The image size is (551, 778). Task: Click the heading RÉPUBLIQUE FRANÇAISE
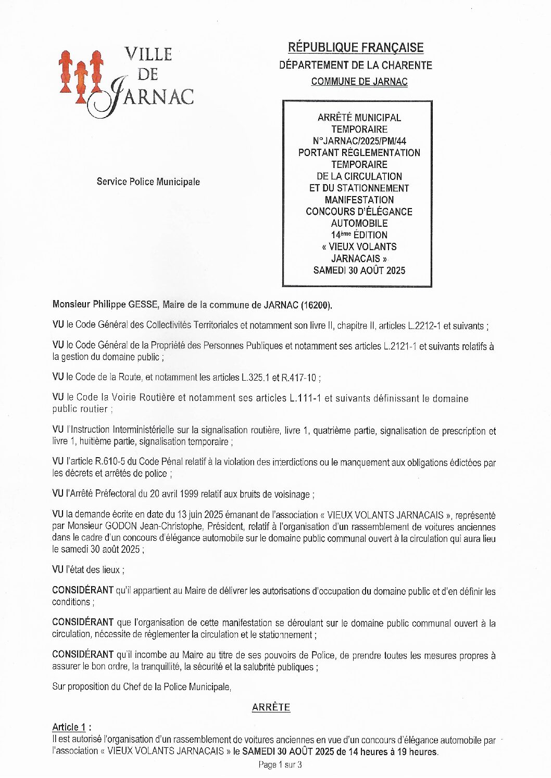(x=356, y=48)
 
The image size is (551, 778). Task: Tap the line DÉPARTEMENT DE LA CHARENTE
(x=356, y=65)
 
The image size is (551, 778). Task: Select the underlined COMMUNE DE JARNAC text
(x=359, y=82)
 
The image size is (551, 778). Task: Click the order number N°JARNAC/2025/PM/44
(x=359, y=141)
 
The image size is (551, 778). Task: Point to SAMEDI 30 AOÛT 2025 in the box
(x=359, y=270)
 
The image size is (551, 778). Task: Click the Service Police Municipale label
(x=148, y=181)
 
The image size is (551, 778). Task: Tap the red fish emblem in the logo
(x=80, y=75)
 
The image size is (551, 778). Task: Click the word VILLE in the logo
(x=148, y=54)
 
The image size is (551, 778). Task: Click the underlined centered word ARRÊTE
(x=271, y=707)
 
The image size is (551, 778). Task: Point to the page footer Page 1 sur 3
(x=280, y=764)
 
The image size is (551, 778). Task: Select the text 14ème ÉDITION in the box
(x=359, y=235)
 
